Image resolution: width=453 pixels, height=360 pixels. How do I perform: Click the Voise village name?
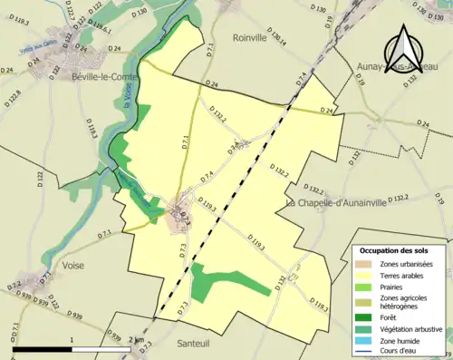pyautogui.click(x=80, y=265)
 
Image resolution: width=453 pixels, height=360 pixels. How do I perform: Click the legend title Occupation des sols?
pyautogui.click(x=400, y=250)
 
